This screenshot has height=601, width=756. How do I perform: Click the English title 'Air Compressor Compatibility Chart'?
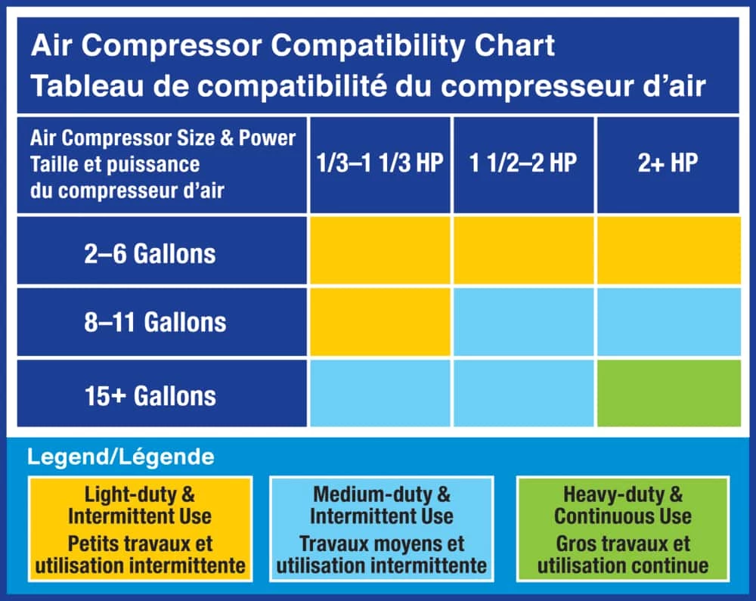(293, 46)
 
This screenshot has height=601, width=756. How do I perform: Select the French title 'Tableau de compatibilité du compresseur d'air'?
(368, 85)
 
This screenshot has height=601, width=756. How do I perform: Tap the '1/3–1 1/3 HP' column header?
(380, 163)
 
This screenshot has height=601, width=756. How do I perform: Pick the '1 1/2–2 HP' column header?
(523, 163)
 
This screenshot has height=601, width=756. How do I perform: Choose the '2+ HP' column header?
(668, 163)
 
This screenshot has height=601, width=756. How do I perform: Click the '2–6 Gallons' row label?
(150, 253)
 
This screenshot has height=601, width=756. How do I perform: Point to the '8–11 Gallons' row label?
(155, 322)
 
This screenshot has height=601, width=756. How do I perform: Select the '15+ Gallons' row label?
(150, 395)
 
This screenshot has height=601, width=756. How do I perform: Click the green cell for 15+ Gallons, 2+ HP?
(669, 393)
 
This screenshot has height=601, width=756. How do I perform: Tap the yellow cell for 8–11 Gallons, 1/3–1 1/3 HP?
(380, 322)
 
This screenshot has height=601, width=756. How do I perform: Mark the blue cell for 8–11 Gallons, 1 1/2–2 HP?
(524, 322)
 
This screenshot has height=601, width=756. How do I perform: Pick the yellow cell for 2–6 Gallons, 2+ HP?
(669, 250)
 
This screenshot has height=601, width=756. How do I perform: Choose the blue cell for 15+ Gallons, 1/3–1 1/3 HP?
(380, 393)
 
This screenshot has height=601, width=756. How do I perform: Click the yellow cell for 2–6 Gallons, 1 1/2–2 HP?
(524, 250)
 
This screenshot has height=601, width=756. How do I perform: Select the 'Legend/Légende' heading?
(120, 457)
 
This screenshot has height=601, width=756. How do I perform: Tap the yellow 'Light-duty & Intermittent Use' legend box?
(141, 529)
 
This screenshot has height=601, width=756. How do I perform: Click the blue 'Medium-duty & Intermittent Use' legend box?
(381, 529)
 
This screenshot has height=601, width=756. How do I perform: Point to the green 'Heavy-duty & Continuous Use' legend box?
(622, 529)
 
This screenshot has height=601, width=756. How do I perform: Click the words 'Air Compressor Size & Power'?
(163, 138)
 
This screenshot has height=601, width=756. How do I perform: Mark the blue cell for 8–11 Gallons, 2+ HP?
(669, 322)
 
